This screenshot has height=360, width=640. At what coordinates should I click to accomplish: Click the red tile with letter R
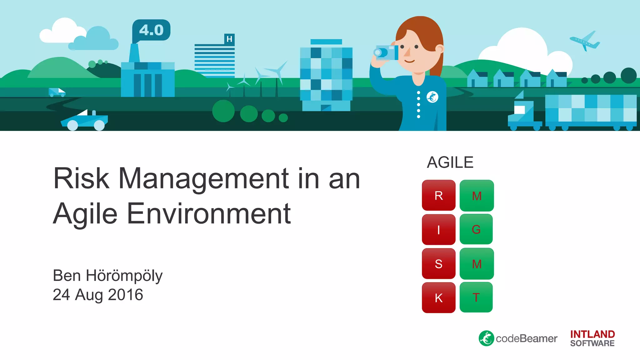click(438, 195)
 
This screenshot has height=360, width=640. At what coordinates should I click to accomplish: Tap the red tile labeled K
click(438, 297)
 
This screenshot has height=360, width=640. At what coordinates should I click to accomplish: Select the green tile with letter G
click(476, 229)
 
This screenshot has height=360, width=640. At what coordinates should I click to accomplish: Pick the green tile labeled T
click(476, 297)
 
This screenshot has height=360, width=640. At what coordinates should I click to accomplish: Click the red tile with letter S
click(438, 263)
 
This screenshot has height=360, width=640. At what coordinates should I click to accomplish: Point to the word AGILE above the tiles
click(450, 162)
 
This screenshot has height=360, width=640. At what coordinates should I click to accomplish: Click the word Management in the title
click(203, 179)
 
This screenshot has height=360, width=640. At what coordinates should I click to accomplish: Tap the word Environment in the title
click(209, 214)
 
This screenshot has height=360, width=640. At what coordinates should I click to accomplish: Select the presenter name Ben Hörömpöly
click(107, 276)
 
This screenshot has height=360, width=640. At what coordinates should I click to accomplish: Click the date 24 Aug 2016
click(98, 295)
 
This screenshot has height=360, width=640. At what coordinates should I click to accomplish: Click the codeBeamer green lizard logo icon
click(486, 338)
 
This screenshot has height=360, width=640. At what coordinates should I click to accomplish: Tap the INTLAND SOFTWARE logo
click(592, 338)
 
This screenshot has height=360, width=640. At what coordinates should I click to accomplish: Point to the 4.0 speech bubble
click(151, 30)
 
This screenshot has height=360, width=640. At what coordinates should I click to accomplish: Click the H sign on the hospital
click(229, 39)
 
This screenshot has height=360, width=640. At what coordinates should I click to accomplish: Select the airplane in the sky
click(585, 41)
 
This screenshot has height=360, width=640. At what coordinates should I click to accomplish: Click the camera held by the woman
click(386, 52)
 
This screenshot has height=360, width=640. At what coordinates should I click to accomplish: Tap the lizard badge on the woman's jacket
click(432, 97)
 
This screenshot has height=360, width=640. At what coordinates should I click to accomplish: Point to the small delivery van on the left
click(57, 92)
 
